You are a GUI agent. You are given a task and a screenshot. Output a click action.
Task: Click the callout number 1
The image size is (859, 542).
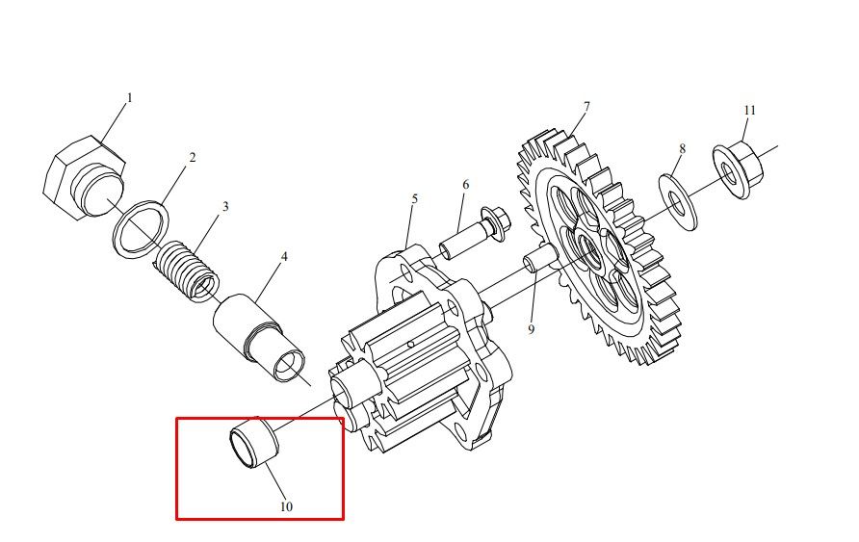[130, 98]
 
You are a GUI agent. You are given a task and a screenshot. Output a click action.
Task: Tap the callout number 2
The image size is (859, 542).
[193, 158]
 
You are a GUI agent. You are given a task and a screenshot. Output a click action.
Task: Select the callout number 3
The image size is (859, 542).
[225, 207]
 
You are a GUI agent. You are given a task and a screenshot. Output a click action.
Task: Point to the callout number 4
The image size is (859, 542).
[284, 257]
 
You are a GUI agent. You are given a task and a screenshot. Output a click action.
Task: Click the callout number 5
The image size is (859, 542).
[415, 198]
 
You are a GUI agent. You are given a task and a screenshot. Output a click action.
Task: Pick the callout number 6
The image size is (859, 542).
[466, 185]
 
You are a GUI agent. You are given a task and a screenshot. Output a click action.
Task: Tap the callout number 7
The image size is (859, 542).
[586, 106]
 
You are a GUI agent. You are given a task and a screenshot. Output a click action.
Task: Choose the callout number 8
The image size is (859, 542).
[682, 148]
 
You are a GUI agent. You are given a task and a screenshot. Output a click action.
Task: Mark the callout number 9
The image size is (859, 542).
[531, 329]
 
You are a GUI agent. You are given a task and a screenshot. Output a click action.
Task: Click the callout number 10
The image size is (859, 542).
[287, 507]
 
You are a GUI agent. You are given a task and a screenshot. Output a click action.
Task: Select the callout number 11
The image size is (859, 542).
[749, 110]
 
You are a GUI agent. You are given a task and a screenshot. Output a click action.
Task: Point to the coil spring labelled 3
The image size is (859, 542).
[186, 271]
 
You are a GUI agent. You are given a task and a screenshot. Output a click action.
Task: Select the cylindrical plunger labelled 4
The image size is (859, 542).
[259, 337]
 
